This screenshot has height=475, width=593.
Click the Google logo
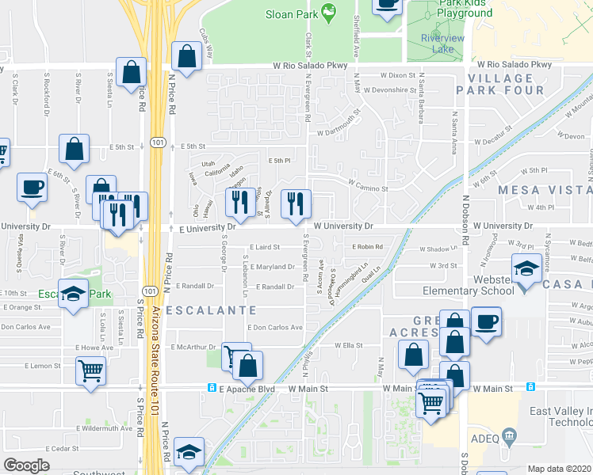pyautogui.click(x=26, y=465)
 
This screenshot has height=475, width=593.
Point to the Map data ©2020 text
pyautogui.click(x=558, y=469)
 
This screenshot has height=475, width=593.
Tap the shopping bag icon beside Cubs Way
pyautogui.click(x=186, y=56)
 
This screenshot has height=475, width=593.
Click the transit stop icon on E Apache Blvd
pyautogui.click(x=212, y=388)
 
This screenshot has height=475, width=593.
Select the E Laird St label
pyautogui.click(x=265, y=248)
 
